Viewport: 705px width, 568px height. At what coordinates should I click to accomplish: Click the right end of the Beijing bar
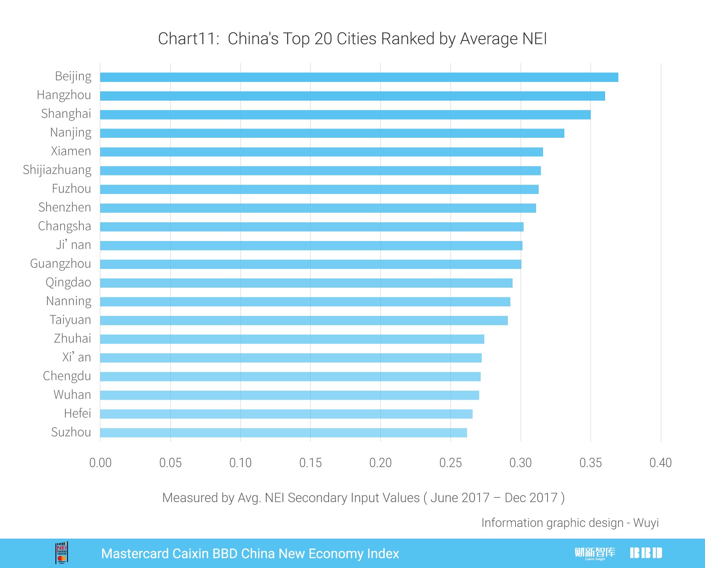(x=617, y=77)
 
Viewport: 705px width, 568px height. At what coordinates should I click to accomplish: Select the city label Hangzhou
(x=64, y=95)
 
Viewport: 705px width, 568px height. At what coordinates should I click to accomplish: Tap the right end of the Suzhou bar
(x=466, y=432)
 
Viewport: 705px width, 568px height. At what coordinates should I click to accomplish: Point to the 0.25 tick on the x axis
(x=451, y=463)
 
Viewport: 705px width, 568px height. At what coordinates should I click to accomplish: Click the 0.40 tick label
(x=660, y=463)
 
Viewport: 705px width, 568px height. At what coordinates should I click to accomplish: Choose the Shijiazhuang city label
(x=57, y=170)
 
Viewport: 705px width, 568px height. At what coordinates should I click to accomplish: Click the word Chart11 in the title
(x=187, y=39)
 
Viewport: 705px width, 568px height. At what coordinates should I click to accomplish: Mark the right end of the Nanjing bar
(x=563, y=133)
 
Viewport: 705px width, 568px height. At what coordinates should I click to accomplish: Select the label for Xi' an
(x=76, y=357)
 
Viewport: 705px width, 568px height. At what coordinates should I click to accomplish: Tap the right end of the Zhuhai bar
(x=483, y=339)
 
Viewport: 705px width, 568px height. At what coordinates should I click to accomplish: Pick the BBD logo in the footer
(x=646, y=553)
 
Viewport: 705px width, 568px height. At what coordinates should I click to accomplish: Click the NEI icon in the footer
(x=62, y=553)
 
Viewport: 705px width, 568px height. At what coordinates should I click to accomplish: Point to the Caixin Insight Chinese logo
(x=595, y=553)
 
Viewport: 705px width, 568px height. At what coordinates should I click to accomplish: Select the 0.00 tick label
(x=100, y=463)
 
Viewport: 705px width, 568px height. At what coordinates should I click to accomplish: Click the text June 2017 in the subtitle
(x=460, y=498)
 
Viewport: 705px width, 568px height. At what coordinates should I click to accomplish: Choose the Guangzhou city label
(x=61, y=264)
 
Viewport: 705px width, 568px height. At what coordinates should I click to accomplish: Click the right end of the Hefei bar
(x=471, y=414)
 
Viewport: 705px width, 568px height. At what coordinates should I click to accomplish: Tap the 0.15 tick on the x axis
(x=310, y=463)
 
